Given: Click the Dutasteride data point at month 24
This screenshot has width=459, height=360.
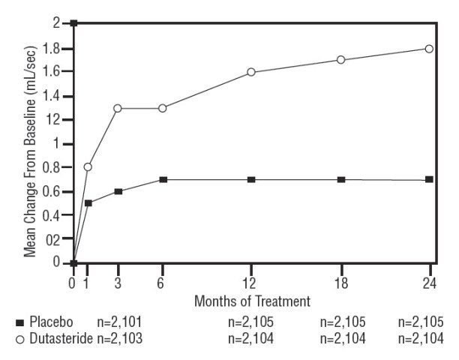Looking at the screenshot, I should pos(429,49).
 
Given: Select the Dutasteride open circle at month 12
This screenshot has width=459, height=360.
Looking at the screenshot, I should pos(251,72).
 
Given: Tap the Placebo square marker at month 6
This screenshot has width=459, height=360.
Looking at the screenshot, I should pos(162,179).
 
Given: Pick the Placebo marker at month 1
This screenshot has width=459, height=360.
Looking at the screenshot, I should pos(88,203).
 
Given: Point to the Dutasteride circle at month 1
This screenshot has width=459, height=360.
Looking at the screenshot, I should pos(88,166).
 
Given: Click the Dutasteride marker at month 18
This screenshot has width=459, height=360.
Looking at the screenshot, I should pos(340,60).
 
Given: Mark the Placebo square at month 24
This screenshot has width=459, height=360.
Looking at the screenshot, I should pos(429,179).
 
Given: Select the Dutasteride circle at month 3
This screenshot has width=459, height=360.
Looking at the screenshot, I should pos(118,108).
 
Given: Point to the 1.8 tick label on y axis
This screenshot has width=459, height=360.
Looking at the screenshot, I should pos(52,49).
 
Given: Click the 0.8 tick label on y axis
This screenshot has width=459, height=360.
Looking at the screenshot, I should pos(52,167).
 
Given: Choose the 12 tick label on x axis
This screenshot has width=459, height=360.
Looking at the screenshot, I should pos(251,283).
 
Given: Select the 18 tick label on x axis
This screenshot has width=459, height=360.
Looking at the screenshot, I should pos(340,283).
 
